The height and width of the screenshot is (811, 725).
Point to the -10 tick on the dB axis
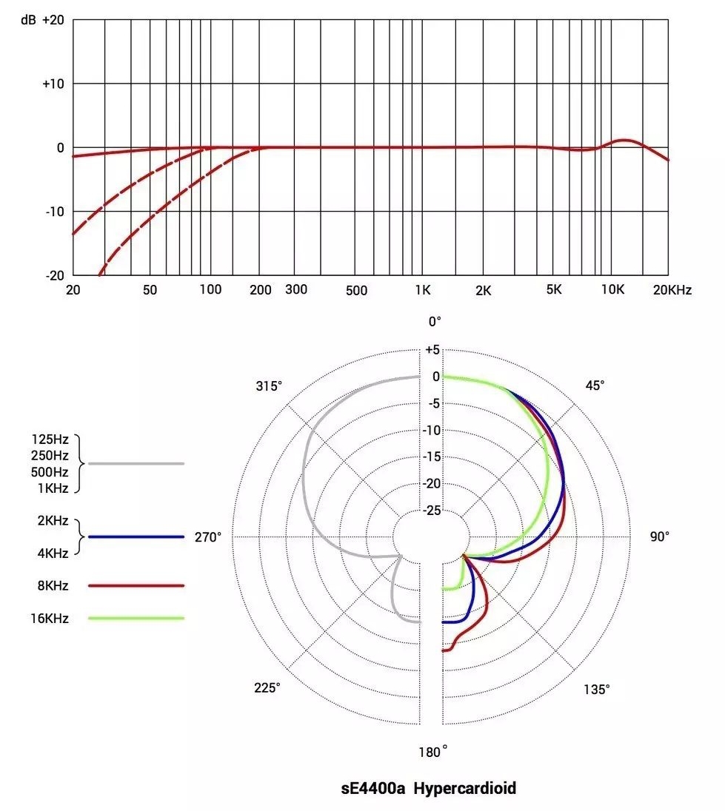[x=54, y=212]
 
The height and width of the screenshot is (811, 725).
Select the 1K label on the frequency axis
[x=423, y=290]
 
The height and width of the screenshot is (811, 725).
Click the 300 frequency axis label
[x=296, y=289]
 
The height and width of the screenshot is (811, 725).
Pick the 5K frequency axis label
[x=553, y=290]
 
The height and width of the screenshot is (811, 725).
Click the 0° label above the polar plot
[x=435, y=321]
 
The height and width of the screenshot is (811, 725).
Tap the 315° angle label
[x=269, y=386]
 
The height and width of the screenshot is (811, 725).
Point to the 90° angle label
[x=660, y=536]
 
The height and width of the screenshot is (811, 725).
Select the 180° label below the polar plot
[x=433, y=752]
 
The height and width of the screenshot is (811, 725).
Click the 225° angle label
[x=268, y=687]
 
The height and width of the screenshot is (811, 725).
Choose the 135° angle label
[x=597, y=689]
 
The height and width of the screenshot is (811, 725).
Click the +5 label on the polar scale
[x=432, y=350]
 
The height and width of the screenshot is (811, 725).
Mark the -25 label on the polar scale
[x=430, y=511]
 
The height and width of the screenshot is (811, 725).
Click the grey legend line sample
[x=136, y=463]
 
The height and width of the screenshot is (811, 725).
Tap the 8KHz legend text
[x=52, y=586]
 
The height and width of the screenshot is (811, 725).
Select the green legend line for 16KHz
[x=136, y=618]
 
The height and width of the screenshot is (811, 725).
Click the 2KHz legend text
[x=53, y=521]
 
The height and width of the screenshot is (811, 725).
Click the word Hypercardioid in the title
[x=464, y=789]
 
